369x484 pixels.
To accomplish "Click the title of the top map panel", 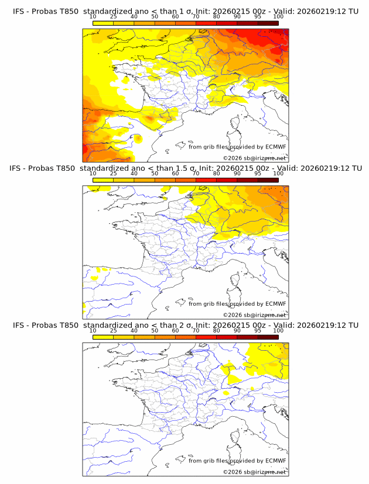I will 185,11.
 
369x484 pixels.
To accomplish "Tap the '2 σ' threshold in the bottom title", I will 179,325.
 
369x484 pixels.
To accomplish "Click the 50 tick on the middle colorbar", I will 155,174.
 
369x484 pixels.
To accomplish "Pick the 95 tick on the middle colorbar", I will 258,174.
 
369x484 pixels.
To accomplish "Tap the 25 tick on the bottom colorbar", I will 113,331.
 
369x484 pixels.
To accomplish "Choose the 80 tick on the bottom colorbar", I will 217,331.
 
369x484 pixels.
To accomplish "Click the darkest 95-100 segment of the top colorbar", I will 268,23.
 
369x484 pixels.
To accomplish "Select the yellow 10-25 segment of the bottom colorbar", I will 103,337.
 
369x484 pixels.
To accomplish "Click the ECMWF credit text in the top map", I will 237,147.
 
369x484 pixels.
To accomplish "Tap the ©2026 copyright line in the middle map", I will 254,315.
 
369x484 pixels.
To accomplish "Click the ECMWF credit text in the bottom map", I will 237,461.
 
